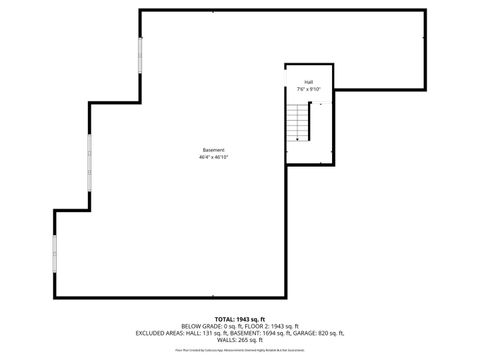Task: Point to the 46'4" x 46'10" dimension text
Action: (x=213, y=157)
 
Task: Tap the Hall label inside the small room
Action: (x=309, y=82)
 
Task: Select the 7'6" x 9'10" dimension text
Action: (x=309, y=89)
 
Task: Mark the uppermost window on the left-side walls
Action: (x=140, y=59)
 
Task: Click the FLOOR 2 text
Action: (x=260, y=325)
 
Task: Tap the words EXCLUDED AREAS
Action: (x=162, y=332)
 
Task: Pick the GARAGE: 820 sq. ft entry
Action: (x=319, y=332)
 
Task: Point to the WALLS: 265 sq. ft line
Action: (x=240, y=339)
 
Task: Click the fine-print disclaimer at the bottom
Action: (x=240, y=351)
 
